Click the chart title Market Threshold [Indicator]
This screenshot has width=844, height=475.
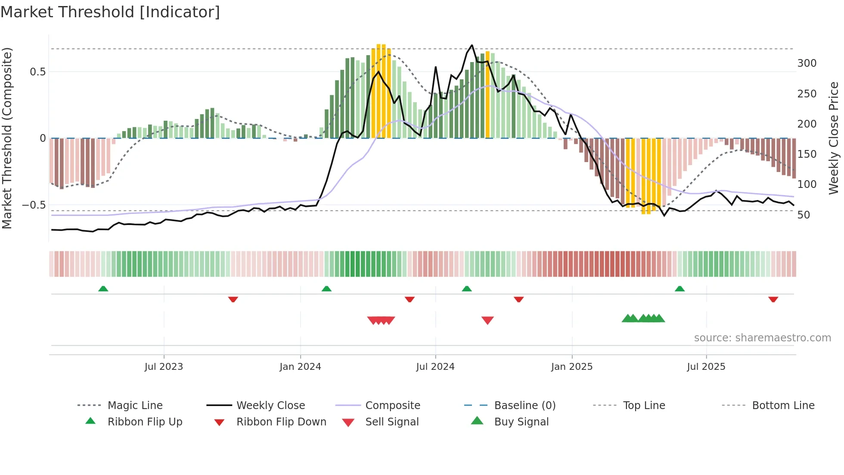[x=110, y=12]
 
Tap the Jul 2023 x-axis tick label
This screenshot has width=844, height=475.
[x=164, y=366]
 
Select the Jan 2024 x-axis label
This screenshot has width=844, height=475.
[x=300, y=366]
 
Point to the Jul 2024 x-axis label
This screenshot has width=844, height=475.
[x=435, y=366]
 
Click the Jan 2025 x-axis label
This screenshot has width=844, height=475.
[x=571, y=366]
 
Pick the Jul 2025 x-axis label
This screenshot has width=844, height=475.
[x=706, y=366]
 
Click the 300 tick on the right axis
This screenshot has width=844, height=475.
[x=807, y=63]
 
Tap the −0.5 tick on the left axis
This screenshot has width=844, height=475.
[x=34, y=205]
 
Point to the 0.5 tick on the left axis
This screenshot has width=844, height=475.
[x=37, y=72]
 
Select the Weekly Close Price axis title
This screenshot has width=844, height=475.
[x=834, y=138]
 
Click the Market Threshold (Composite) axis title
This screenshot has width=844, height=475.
[x=7, y=138]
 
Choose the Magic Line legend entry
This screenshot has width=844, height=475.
[x=135, y=405]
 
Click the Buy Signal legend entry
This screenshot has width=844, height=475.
[x=521, y=422]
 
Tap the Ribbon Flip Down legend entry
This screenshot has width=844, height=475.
[x=281, y=422]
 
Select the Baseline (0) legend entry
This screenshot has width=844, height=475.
[x=524, y=405]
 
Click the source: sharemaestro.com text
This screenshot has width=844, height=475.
[x=762, y=337]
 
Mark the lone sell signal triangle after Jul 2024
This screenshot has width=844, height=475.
[x=487, y=320]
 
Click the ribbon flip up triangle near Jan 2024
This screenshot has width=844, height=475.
[x=326, y=289]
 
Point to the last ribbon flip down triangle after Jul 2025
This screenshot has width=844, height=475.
[x=773, y=299]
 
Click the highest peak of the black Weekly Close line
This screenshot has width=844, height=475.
[x=472, y=45]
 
